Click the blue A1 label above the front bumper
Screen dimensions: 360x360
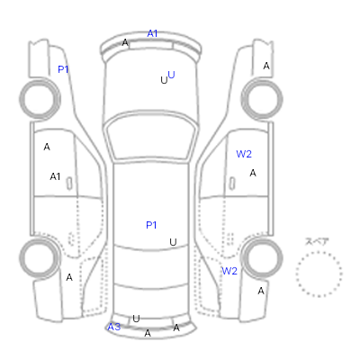pos(152,33)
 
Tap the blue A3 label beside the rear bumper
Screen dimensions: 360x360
pos(114,327)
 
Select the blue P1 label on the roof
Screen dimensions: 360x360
pos(151,225)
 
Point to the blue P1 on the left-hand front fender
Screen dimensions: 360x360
pos(63,69)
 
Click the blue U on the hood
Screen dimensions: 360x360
pos(171,75)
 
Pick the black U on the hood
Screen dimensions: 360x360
pos(164,80)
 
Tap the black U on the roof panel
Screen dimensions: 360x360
pos(173,242)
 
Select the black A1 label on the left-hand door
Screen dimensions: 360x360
pos(55,176)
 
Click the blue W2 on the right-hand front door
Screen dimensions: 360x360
pos(244,154)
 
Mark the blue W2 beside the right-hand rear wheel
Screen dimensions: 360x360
pos(229,271)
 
